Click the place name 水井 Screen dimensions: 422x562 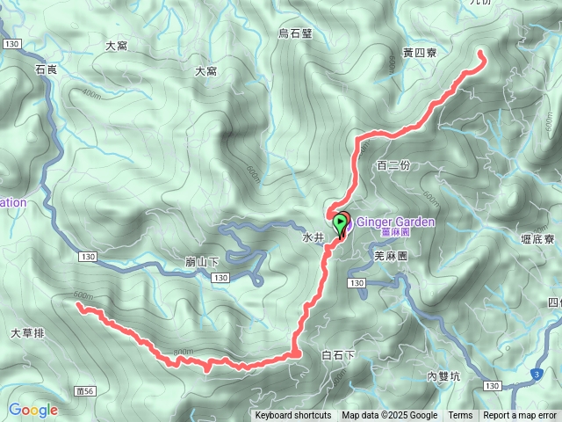point(313,237)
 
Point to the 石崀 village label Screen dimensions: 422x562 point(47,69)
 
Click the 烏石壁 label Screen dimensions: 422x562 point(295,33)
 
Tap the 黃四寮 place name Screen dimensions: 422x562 point(420,54)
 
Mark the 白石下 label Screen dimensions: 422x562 point(338,355)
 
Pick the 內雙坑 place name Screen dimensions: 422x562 point(443,376)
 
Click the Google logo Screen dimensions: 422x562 point(33,410)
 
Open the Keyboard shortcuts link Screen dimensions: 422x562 point(293,416)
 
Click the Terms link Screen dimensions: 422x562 point(460,416)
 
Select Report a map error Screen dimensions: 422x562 point(520,416)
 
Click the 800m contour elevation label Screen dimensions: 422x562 point(184,353)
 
